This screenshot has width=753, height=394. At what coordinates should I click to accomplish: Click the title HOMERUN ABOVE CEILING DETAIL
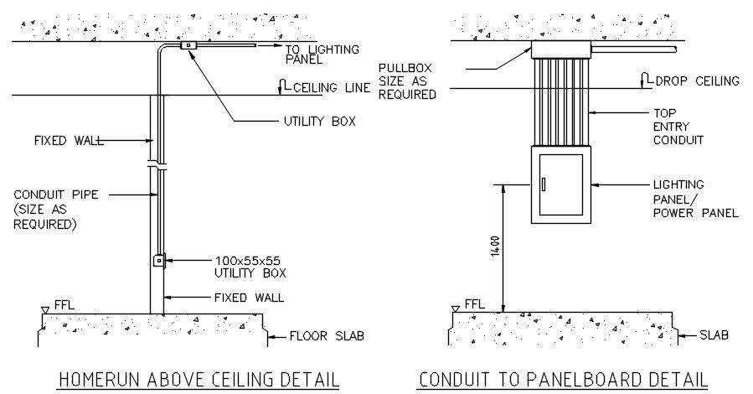[x=199, y=380]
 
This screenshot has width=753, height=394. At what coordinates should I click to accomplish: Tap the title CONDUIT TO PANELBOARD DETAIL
[x=564, y=380]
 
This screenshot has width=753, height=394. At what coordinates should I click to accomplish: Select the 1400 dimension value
[x=496, y=246]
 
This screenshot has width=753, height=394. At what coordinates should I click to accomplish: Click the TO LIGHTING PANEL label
[x=322, y=54]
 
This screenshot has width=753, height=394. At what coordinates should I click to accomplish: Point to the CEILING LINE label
[x=332, y=88]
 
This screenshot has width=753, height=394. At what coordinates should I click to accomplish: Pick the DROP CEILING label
[x=697, y=80]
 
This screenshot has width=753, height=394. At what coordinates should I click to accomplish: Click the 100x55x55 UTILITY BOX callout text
[x=250, y=267]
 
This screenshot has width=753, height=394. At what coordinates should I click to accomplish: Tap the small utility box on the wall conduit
[x=158, y=261]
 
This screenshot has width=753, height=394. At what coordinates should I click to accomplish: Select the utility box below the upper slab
[x=188, y=45]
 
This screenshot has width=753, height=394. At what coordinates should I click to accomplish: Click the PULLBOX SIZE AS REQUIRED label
[x=407, y=81]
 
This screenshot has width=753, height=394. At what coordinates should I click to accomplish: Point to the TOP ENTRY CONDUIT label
[x=678, y=127]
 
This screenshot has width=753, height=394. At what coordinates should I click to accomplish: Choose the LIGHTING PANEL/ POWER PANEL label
[x=696, y=199]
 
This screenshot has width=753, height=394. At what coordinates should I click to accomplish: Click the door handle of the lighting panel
[x=544, y=184]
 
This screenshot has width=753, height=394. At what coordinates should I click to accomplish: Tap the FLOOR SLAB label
[x=327, y=336]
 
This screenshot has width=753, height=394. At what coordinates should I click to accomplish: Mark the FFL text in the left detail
[x=64, y=305]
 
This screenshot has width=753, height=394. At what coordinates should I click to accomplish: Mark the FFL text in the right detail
[x=474, y=304]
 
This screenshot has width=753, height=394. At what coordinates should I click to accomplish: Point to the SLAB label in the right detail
[x=714, y=334]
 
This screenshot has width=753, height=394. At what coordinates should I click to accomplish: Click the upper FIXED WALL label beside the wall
[x=69, y=141]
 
